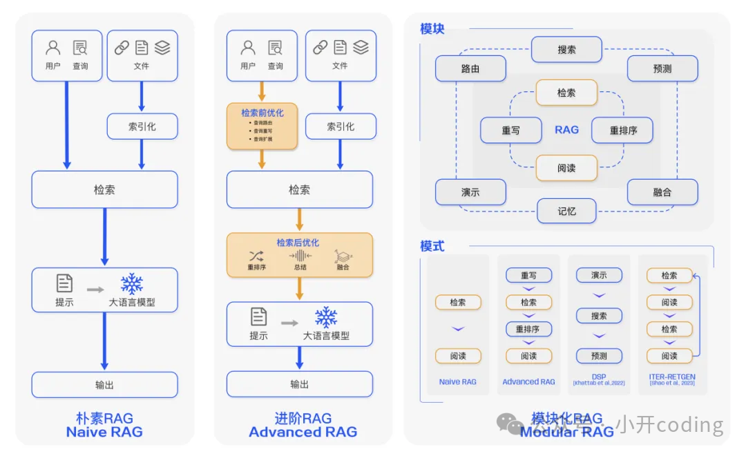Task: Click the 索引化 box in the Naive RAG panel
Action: (x=142, y=126)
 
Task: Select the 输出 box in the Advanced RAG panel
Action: (x=300, y=384)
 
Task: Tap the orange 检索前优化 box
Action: (x=262, y=126)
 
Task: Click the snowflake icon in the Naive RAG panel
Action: (x=131, y=283)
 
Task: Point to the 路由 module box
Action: (x=470, y=68)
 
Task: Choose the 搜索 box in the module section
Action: (x=566, y=50)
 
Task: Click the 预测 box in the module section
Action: (x=662, y=68)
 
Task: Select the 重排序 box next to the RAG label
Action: (x=623, y=130)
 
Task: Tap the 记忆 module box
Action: (x=566, y=211)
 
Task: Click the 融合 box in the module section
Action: (x=662, y=192)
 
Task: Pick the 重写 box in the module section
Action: (x=511, y=130)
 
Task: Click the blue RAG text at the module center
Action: (x=566, y=130)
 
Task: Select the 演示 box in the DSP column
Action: (x=599, y=275)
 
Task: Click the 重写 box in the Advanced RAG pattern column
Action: (x=528, y=275)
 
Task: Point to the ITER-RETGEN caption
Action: (x=672, y=378)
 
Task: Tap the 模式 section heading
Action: (x=432, y=246)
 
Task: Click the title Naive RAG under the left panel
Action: (x=104, y=432)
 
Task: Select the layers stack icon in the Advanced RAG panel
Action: (x=361, y=47)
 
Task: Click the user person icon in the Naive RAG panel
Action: (x=53, y=48)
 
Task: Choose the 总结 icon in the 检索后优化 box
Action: (x=300, y=256)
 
